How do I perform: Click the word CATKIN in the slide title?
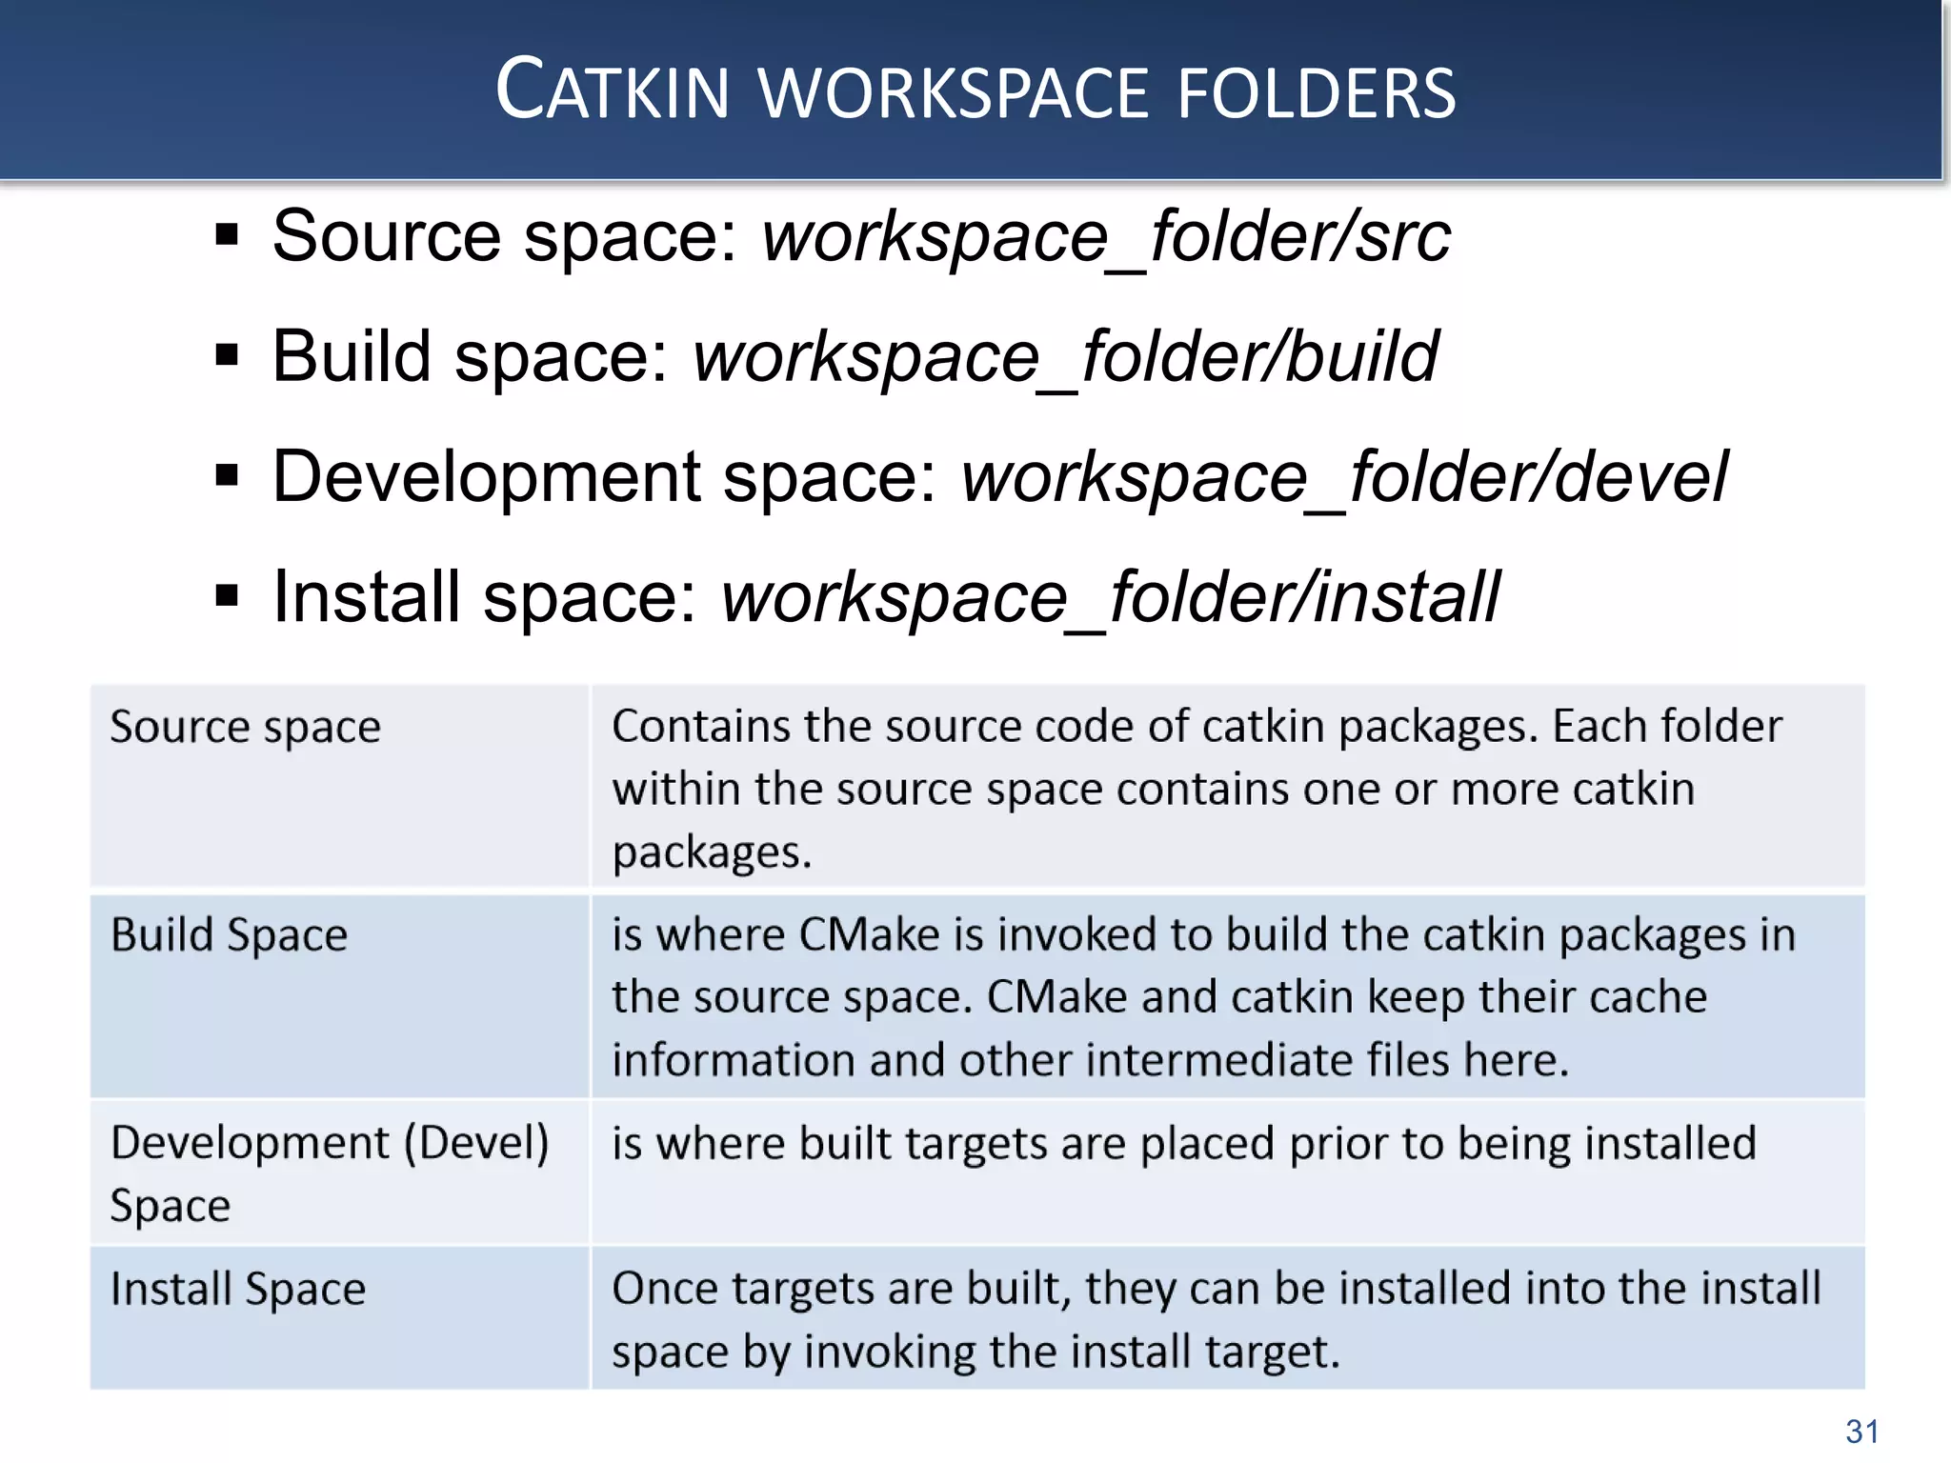click(x=612, y=91)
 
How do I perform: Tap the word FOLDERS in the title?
click(x=1317, y=93)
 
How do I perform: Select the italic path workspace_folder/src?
click(x=1105, y=236)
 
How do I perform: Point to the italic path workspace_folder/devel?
click(x=1343, y=477)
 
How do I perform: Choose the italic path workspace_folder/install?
click(x=1110, y=597)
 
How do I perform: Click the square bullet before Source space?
click(x=227, y=234)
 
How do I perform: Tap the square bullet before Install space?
click(x=227, y=596)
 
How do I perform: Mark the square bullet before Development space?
click(x=227, y=475)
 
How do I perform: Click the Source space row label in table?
click(x=246, y=727)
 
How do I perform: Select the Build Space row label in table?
click(x=230, y=934)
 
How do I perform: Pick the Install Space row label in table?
click(x=238, y=1289)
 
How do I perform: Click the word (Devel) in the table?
click(x=477, y=1143)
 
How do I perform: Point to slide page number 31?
click(x=1861, y=1431)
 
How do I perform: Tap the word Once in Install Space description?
click(x=664, y=1289)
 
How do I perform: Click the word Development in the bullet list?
click(x=487, y=477)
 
